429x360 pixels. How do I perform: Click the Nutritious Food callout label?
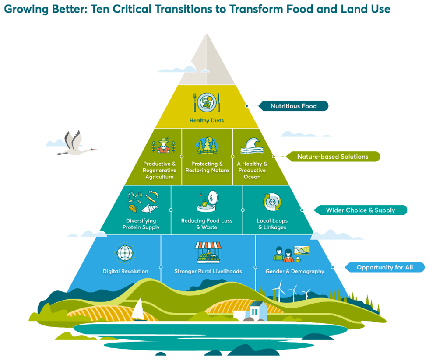click(293, 106)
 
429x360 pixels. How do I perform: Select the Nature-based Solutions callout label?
click(333, 157)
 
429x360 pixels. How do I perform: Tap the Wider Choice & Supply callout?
click(361, 210)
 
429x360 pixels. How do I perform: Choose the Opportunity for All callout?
click(384, 267)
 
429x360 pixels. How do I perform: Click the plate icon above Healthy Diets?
click(207, 102)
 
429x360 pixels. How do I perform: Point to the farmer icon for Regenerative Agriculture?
click(164, 145)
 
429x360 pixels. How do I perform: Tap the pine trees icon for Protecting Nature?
click(207, 145)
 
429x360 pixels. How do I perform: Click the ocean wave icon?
click(252, 146)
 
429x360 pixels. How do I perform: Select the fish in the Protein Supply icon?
click(149, 209)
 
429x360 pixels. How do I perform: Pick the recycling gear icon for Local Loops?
click(272, 202)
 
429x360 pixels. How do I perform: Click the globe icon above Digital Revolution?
click(125, 253)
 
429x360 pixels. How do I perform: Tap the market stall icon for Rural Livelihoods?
click(208, 252)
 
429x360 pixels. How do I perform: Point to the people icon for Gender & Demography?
click(291, 254)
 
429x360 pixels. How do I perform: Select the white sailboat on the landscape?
click(139, 309)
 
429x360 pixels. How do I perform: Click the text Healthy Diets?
click(207, 121)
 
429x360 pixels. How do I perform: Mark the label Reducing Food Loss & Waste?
click(207, 224)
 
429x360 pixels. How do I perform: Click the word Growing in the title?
click(26, 9)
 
